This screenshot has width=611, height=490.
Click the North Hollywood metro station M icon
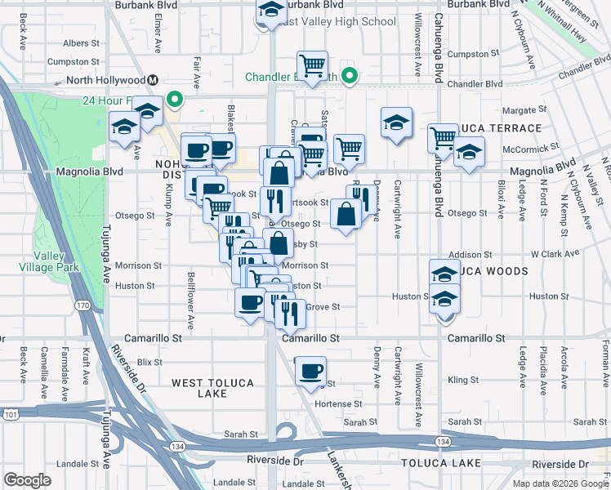[153, 80]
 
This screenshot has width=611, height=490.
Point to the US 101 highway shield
[11, 415]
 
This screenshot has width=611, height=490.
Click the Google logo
[27, 480]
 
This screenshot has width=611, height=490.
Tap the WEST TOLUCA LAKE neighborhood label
[200, 387]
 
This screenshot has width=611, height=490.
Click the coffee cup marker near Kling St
[310, 372]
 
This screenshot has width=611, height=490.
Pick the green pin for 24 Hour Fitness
[174, 100]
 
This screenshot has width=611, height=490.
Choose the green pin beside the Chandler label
[350, 78]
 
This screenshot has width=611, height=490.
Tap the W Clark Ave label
[555, 253]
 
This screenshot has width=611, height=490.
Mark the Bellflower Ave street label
[191, 300]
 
